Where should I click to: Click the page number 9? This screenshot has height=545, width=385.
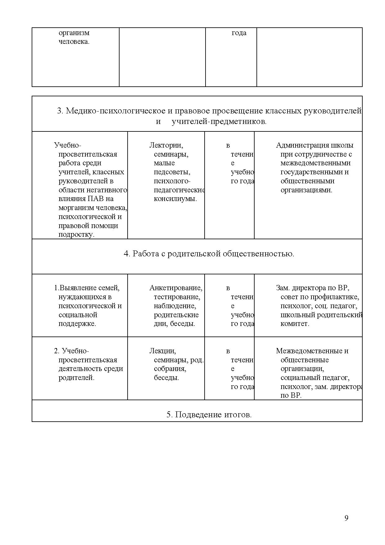click(x=346, y=518)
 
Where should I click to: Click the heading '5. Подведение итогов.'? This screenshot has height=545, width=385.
click(x=209, y=414)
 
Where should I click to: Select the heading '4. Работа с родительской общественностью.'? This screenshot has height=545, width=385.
click(x=209, y=254)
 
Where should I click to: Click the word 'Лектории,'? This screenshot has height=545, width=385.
click(x=166, y=145)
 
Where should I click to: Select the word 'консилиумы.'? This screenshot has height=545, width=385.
click(x=175, y=199)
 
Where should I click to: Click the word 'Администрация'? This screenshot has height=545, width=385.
click(x=298, y=145)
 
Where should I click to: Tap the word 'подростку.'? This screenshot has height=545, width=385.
click(x=76, y=235)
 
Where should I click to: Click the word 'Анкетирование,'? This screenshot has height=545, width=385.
click(x=176, y=288)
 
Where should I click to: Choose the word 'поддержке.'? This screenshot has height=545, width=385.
click(x=77, y=324)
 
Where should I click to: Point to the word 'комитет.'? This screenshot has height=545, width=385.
click(x=295, y=324)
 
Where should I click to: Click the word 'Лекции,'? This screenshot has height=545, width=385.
click(x=163, y=351)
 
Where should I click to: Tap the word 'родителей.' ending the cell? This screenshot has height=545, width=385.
click(x=76, y=378)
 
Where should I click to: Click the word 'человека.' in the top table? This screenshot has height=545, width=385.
click(x=74, y=42)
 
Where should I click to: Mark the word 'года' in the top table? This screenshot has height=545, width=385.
click(x=239, y=33)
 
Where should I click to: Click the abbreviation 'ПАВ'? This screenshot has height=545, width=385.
click(x=106, y=199)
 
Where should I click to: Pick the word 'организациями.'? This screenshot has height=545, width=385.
click(x=306, y=190)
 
